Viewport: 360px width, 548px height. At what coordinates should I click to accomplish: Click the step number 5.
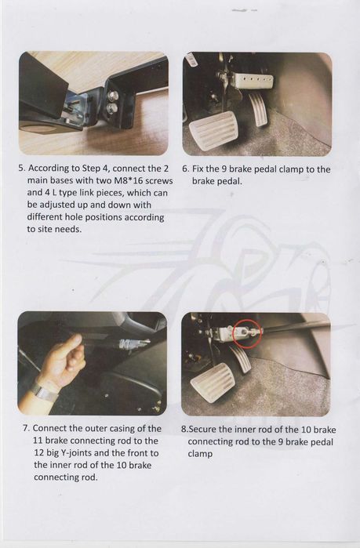pyautogui.click(x=21, y=168)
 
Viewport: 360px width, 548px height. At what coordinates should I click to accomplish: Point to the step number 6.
pyautogui.click(x=185, y=169)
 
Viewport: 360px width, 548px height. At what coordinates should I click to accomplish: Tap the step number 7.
pyautogui.click(x=26, y=429)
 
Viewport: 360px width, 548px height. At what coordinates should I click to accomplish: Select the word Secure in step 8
pyautogui.click(x=201, y=430)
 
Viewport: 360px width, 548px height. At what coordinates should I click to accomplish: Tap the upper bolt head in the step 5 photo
pyautogui.click(x=112, y=96)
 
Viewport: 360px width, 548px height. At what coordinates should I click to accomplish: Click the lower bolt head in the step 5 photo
pyautogui.click(x=112, y=108)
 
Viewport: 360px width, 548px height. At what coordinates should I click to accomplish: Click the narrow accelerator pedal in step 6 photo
pyautogui.click(x=258, y=109)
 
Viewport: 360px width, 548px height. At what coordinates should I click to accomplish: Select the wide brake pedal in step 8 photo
pyautogui.click(x=213, y=382)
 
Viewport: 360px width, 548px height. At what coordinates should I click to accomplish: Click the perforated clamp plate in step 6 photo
pyautogui.click(x=253, y=81)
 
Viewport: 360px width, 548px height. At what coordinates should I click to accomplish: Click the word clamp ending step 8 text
pyautogui.click(x=200, y=454)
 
